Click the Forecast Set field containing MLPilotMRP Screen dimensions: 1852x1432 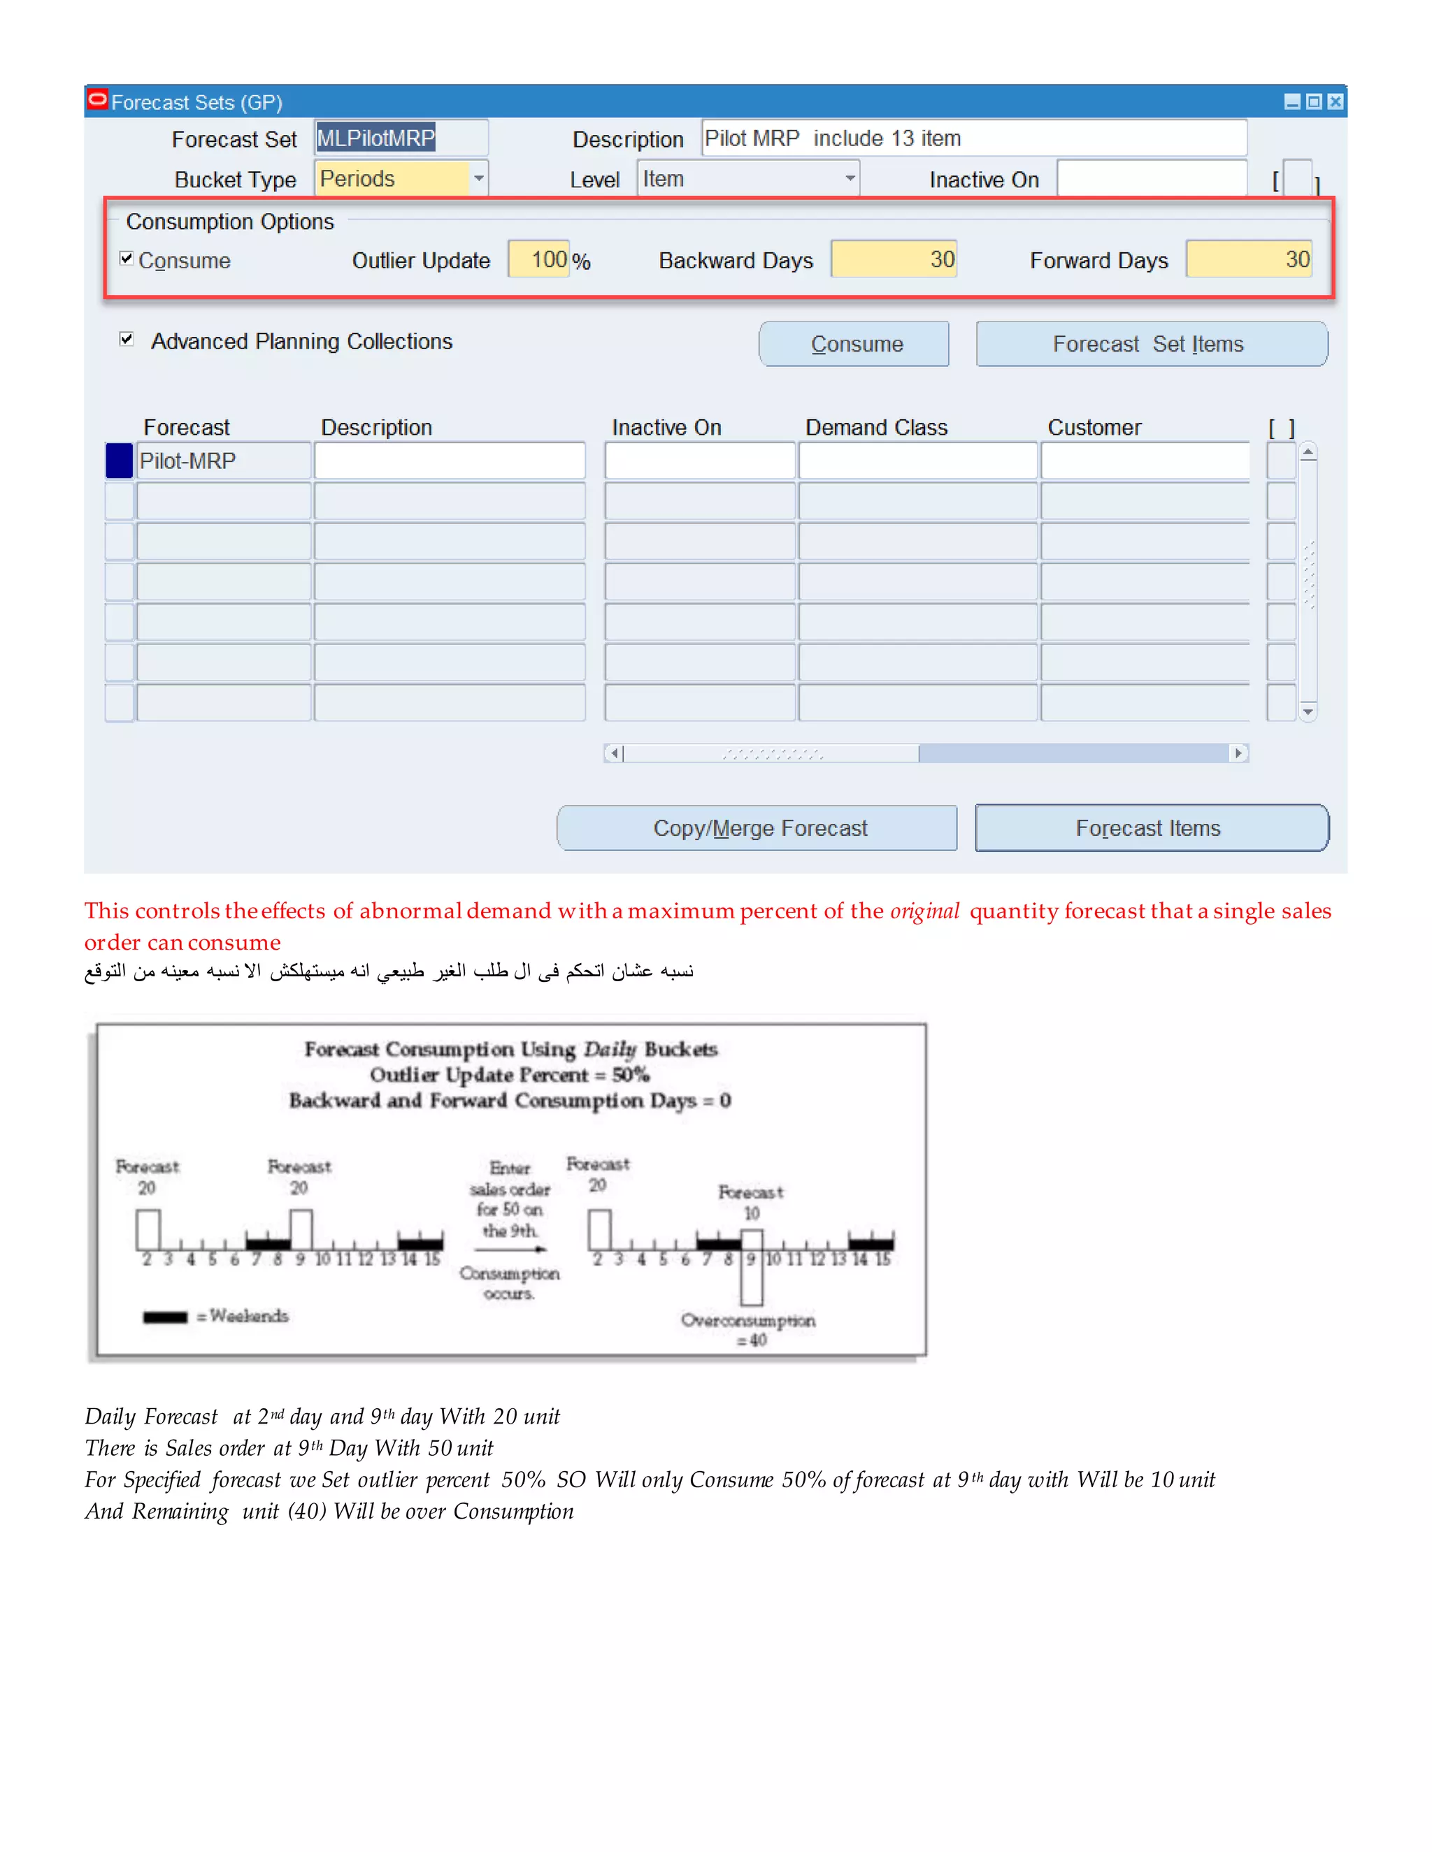(x=401, y=138)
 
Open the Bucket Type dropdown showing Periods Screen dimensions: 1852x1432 (x=478, y=179)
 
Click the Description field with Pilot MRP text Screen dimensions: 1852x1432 (x=973, y=138)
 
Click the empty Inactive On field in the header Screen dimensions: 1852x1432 (x=1150, y=179)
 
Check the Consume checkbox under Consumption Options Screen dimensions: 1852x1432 (x=127, y=259)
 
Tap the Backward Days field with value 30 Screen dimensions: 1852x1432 (x=894, y=259)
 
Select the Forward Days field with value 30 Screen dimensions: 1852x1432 (x=1248, y=259)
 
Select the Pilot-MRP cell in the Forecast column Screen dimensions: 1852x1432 (x=222, y=461)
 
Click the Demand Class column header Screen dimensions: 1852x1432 (x=875, y=428)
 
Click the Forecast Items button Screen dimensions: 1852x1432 (x=1150, y=827)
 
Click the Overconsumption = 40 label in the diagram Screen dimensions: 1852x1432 (x=748, y=1330)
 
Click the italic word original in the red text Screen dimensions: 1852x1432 (x=924, y=911)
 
